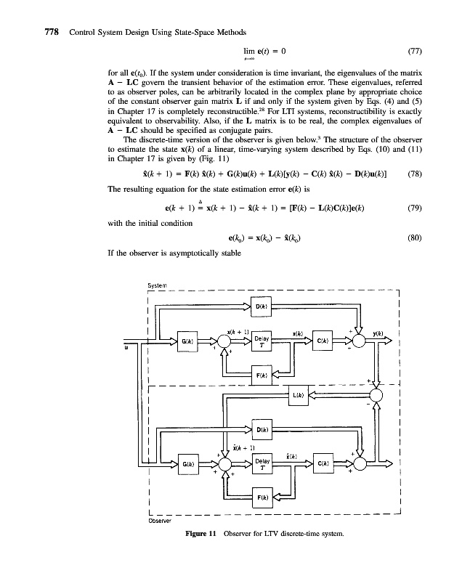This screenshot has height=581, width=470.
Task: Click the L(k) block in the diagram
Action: click(x=297, y=395)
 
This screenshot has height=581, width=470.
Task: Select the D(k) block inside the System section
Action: click(x=261, y=306)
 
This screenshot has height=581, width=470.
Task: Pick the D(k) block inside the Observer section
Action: click(x=261, y=430)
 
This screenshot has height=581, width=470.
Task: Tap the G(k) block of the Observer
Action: click(x=188, y=463)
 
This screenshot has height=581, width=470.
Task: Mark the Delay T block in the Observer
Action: click(x=261, y=463)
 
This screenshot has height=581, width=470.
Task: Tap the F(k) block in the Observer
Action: click(x=261, y=498)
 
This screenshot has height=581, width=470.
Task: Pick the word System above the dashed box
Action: click(x=158, y=285)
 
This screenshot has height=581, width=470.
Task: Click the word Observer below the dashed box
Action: click(x=160, y=520)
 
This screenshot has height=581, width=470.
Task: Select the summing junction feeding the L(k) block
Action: click(x=376, y=395)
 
